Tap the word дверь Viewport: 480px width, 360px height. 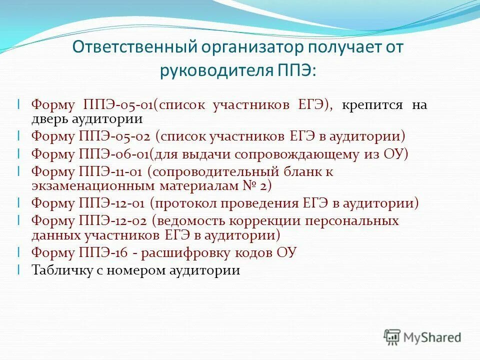coord(48,119)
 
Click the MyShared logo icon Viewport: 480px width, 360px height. coord(392,336)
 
